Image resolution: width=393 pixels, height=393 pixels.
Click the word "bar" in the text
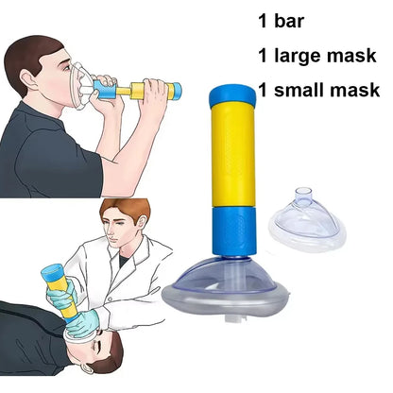(297, 20)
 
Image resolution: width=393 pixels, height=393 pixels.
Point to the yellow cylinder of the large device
(232, 165)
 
